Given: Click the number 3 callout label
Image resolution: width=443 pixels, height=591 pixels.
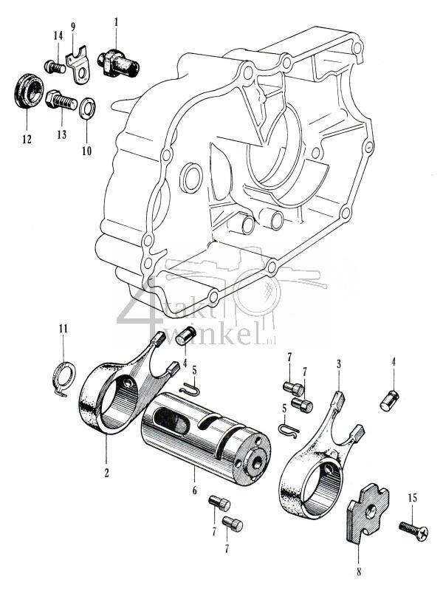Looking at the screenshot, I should pos(337,364).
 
